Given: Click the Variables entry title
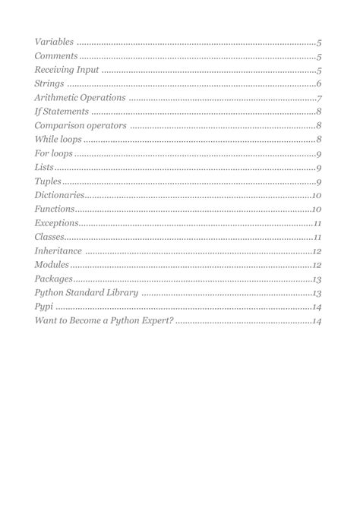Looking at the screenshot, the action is click(x=55, y=42).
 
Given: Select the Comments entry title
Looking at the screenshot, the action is click(x=56, y=56).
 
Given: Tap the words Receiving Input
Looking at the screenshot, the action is click(x=67, y=70).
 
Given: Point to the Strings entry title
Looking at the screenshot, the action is click(x=49, y=84).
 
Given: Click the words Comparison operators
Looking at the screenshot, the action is click(x=81, y=126).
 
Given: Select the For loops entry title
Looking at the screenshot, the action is click(x=54, y=154).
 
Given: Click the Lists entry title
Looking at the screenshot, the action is click(x=44, y=168).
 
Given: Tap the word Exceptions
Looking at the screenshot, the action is click(x=56, y=223).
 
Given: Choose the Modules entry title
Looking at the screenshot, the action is click(x=52, y=265).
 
